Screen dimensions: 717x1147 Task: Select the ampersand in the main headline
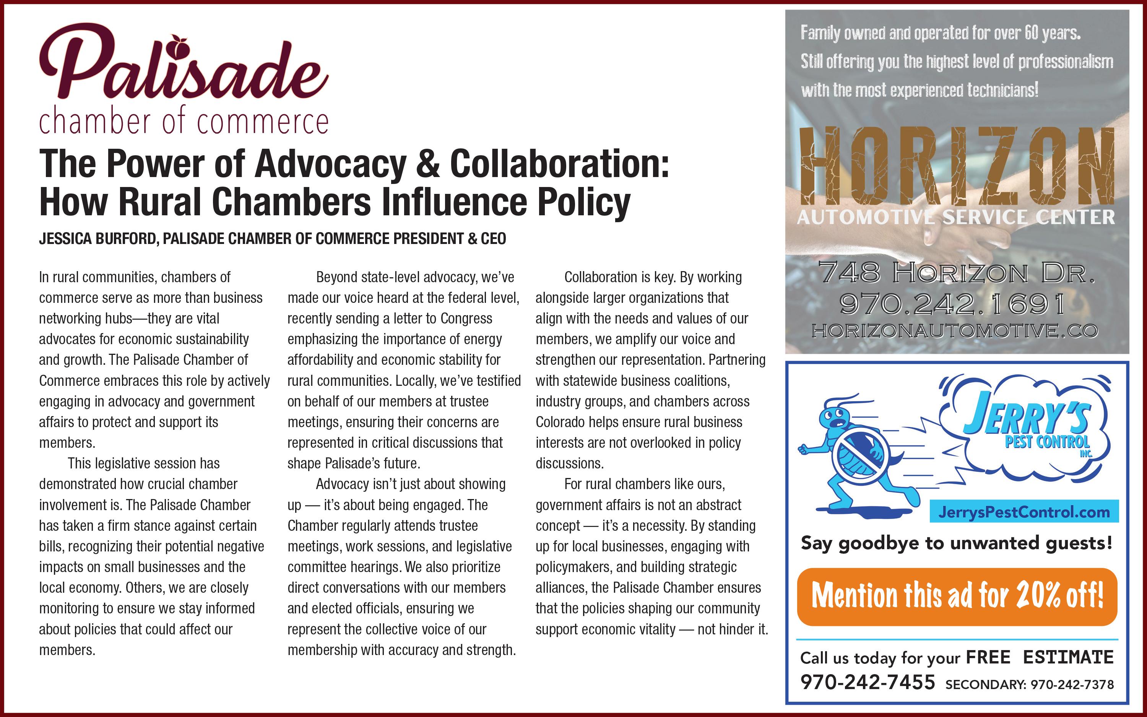427,164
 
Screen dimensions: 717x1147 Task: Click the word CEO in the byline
493,239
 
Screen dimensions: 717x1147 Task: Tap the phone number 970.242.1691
953,304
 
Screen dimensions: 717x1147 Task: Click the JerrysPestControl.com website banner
1024,512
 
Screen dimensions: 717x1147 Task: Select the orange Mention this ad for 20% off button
957,596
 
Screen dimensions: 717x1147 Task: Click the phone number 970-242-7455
868,682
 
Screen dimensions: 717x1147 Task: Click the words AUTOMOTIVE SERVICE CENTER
955,218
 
